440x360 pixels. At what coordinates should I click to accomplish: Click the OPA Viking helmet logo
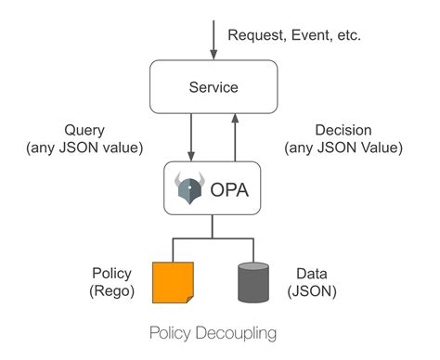(x=188, y=189)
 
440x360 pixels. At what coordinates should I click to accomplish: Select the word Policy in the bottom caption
(x=181, y=332)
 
